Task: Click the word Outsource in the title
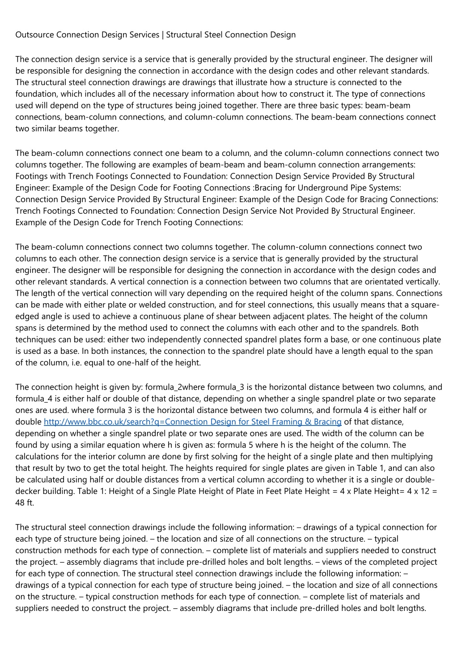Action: pos(35,35)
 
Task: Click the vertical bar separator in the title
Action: pos(163,35)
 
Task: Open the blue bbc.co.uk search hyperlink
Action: pos(193,422)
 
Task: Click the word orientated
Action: pos(383,282)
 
